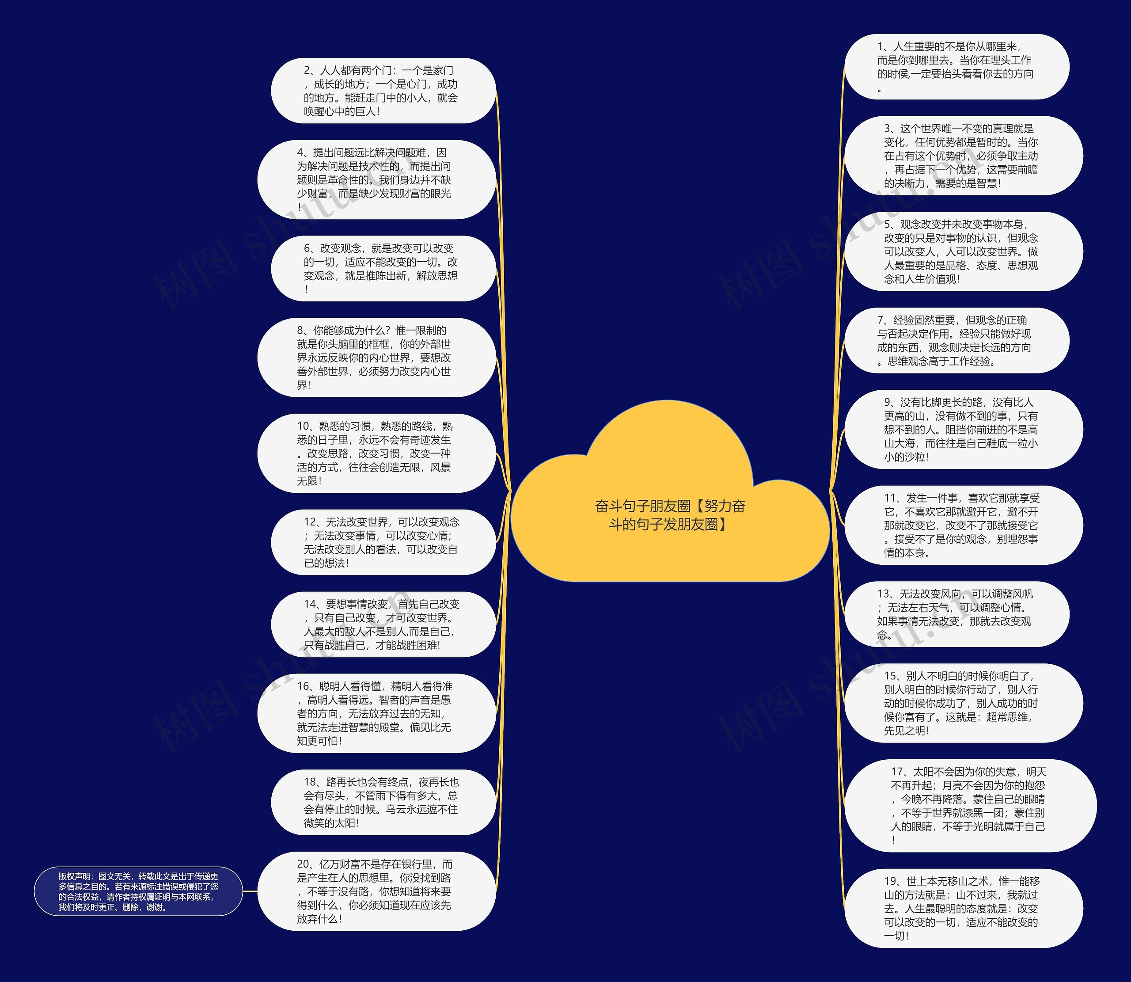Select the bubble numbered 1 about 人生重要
pyautogui.click(x=956, y=67)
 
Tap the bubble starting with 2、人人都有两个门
pyautogui.click(x=383, y=91)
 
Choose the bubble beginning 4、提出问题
pyautogui.click(x=376, y=180)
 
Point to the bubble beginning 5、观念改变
pyautogui.click(x=963, y=251)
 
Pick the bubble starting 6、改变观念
pyautogui.click(x=383, y=269)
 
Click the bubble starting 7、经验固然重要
pyautogui.click(x=956, y=340)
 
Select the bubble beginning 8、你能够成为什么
pyautogui.click(x=376, y=357)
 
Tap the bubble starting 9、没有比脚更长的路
pyautogui.click(x=963, y=430)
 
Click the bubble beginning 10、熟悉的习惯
pyautogui.click(x=376, y=453)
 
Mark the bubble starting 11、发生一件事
pyautogui.click(x=963, y=525)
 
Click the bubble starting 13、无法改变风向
pyautogui.click(x=956, y=614)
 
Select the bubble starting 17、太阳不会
pyautogui.click(x=969, y=806)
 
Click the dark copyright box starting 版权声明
pyautogui.click(x=138, y=891)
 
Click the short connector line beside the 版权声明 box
pyautogui.click(x=250, y=891)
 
